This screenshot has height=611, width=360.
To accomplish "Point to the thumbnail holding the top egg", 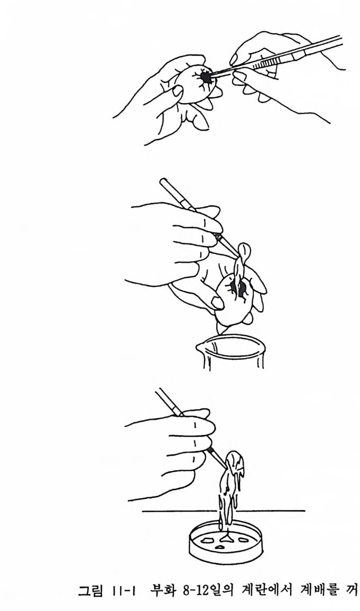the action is point(178,91).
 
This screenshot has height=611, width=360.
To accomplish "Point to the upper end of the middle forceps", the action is point(162,181).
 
